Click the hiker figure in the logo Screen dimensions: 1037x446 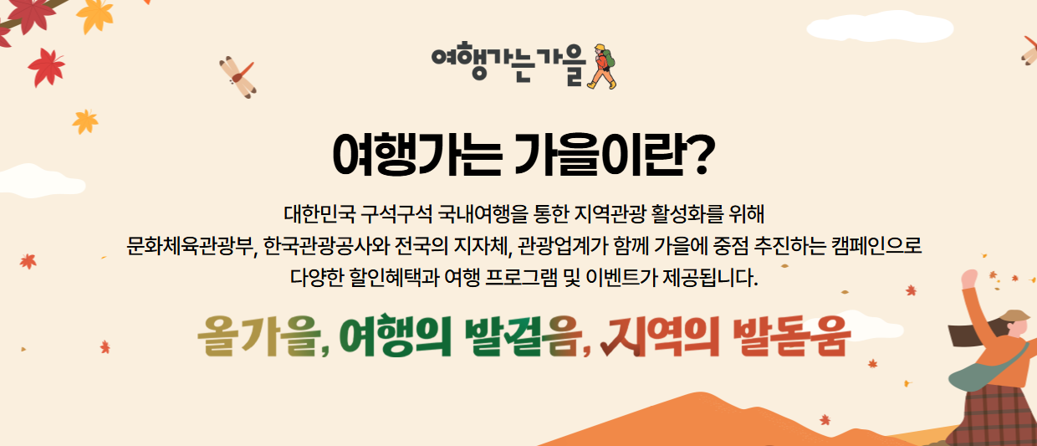tap(602, 66)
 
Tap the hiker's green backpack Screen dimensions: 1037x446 tap(610, 58)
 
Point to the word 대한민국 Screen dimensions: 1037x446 tap(319, 214)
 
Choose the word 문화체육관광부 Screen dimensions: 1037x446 tap(189, 246)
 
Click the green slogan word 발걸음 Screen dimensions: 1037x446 tap(524, 336)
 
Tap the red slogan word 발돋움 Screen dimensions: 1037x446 tap(792, 336)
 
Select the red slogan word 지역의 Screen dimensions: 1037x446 tap(660, 336)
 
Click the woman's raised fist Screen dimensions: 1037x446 tap(969, 279)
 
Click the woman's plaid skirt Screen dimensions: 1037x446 tap(995, 416)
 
